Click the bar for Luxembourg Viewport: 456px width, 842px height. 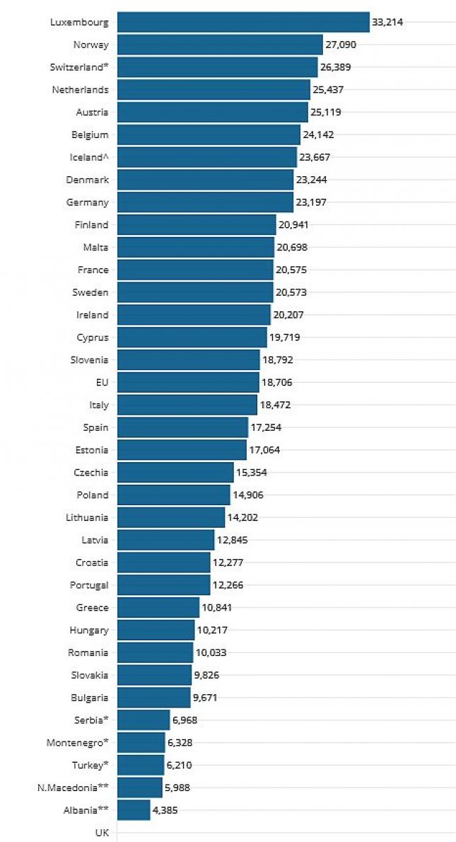pos(243,22)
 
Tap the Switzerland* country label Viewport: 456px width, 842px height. pos(79,67)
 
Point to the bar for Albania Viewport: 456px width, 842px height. pos(134,810)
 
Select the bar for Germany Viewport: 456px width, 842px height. pos(205,202)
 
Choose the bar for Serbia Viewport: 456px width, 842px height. pos(144,720)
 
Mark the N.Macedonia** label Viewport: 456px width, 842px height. pos(73,788)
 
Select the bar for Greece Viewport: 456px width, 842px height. pos(158,608)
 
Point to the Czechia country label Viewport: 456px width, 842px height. pos(91,473)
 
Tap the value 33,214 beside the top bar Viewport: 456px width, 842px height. pos(387,22)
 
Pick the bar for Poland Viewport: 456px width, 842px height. pos(174,495)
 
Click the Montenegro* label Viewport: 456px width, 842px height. pos(77,743)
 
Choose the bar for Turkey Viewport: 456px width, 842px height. pos(141,765)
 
